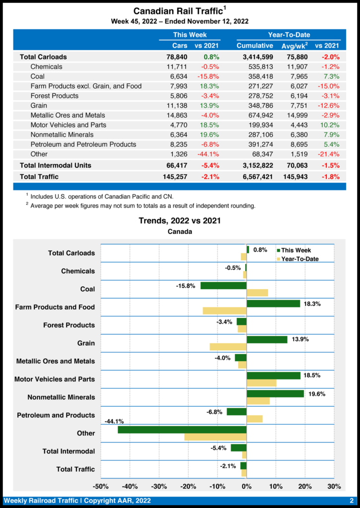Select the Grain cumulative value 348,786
255,106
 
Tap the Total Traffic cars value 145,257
175,177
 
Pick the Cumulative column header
255,46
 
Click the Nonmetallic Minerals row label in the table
68,134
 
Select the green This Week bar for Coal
223,286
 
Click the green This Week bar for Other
182,430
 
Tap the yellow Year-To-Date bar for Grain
228,347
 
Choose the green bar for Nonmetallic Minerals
275,393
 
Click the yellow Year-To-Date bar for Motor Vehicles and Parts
261,383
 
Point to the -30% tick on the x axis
159,486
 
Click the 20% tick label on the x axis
305,486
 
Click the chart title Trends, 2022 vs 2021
180,221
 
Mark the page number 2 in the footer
352,501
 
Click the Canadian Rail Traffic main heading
179,10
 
